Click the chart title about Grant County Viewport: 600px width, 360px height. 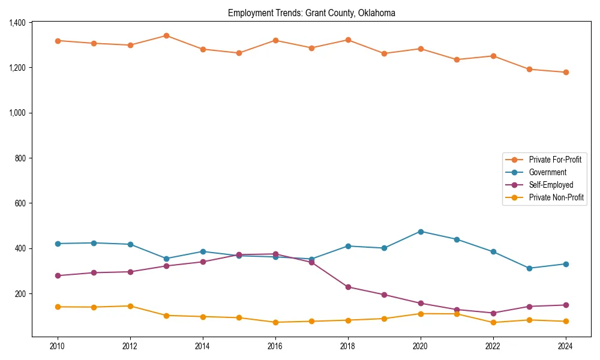(311, 13)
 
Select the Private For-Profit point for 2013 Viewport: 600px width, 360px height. (166, 35)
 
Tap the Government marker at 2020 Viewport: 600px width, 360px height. (421, 232)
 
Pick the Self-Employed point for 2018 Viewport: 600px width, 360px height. (348, 287)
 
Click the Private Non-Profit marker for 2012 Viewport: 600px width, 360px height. (130, 306)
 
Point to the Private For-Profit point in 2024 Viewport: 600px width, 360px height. (566, 73)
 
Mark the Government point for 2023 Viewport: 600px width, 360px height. (529, 268)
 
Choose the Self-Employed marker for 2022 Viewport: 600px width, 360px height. (493, 313)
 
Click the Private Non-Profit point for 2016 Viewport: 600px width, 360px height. (275, 322)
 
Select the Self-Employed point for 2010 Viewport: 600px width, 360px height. (58, 275)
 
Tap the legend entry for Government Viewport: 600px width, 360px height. (547, 172)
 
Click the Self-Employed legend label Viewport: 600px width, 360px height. (551, 185)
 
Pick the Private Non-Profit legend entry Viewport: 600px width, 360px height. (556, 197)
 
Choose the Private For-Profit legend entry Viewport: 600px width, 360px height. (554, 160)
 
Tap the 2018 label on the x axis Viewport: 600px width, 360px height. (348, 346)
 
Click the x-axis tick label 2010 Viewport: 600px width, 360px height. (58, 346)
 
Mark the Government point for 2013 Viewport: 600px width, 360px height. (166, 259)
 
